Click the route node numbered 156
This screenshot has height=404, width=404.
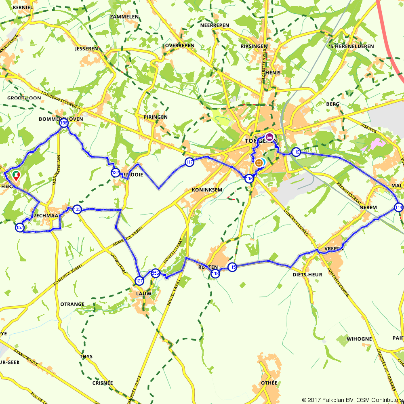(63, 124)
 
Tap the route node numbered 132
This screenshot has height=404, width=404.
(115, 173)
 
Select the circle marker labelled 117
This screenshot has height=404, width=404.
(189, 162)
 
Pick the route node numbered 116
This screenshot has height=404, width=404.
(249, 179)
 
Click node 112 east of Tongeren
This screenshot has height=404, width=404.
(296, 152)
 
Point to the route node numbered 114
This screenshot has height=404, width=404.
(399, 207)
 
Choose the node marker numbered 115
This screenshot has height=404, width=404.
(232, 267)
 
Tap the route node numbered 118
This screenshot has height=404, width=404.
(215, 274)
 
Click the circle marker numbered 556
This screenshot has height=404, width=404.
(155, 274)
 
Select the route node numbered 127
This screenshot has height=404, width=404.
(139, 280)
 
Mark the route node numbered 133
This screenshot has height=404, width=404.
(77, 209)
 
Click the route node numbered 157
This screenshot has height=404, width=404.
(19, 228)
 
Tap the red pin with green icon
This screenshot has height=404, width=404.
(16, 176)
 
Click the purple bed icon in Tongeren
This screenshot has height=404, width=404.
(269, 137)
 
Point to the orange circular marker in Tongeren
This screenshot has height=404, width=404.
(259, 163)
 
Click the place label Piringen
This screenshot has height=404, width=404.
(155, 117)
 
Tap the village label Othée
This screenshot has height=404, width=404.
(269, 383)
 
